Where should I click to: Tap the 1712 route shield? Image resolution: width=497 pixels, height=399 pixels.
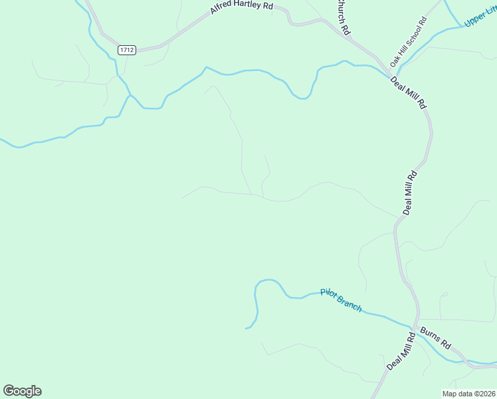point(127,50)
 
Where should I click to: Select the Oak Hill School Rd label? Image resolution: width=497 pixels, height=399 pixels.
point(409,41)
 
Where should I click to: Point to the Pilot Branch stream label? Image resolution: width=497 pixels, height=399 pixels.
point(341,300)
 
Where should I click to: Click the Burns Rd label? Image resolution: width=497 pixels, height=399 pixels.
point(435,338)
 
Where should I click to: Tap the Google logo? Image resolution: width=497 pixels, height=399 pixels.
point(22,391)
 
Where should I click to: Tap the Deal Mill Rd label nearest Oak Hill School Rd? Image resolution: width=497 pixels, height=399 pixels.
point(408,92)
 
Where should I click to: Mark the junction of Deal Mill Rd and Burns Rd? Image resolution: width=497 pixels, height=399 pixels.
point(417,327)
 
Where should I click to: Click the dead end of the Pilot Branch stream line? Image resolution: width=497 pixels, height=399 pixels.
point(246,328)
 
